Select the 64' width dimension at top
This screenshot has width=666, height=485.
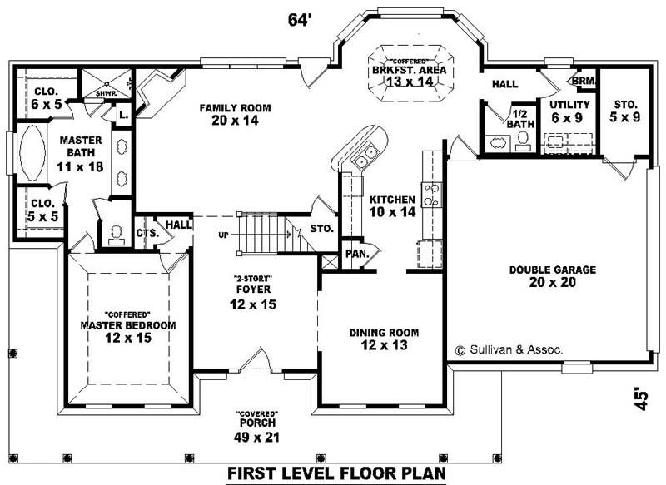[x=300, y=19]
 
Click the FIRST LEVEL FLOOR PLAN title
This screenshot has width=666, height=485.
[x=337, y=474]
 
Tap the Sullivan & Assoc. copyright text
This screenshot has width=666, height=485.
[x=509, y=350]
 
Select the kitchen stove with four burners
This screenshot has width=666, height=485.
[x=431, y=195]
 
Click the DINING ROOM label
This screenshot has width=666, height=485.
[x=384, y=333]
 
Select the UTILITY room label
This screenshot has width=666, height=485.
[x=569, y=105]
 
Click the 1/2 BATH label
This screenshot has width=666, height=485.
[x=520, y=119]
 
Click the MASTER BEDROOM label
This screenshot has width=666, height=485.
[x=127, y=325]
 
